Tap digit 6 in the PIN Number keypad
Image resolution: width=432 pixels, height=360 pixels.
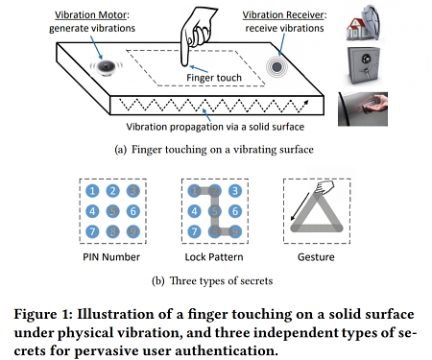pyautogui.click(x=132, y=210)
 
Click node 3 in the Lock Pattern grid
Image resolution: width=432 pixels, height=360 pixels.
pyautogui.click(x=233, y=191)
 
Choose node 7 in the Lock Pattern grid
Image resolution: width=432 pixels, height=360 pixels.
pyautogui.click(x=196, y=230)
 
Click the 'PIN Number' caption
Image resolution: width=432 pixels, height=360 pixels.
pyautogui.click(x=113, y=258)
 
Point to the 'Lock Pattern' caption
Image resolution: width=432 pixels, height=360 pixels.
pyautogui.click(x=214, y=258)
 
